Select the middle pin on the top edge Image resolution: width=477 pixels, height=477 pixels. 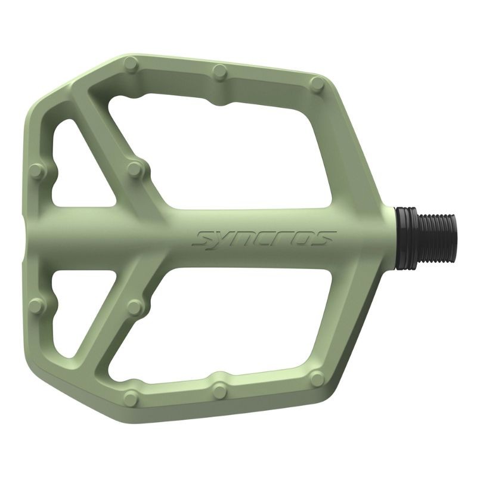221,72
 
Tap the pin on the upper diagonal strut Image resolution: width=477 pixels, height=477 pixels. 136,169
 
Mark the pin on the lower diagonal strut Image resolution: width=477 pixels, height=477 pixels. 136,307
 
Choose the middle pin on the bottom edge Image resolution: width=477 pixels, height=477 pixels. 220,391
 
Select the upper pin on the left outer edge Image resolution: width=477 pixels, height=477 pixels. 37,172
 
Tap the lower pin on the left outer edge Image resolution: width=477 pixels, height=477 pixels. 37,306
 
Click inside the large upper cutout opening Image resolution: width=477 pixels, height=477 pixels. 238,149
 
